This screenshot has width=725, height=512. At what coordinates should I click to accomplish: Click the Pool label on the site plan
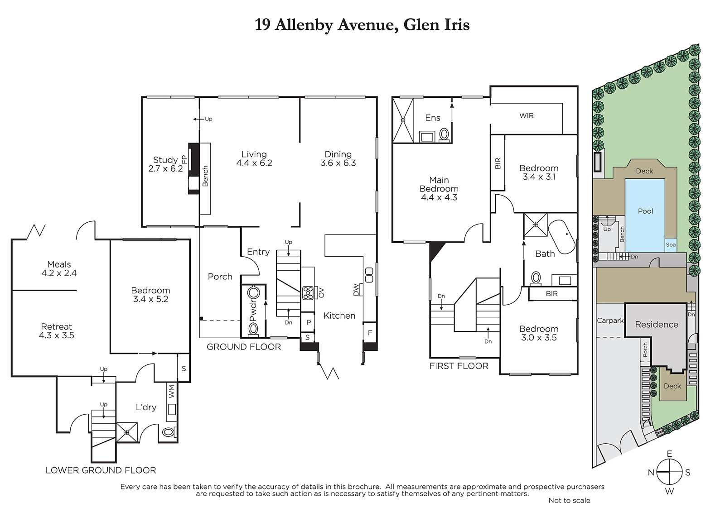[645, 211]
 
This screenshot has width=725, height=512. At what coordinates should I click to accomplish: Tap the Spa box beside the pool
[671, 245]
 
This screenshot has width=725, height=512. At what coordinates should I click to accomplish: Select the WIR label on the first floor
[526, 116]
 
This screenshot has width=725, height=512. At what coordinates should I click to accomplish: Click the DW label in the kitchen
[356, 290]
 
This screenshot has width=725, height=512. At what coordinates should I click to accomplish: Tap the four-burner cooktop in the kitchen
[308, 293]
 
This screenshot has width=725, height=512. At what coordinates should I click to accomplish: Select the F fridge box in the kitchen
[370, 332]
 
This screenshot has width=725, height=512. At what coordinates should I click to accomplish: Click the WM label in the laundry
[172, 392]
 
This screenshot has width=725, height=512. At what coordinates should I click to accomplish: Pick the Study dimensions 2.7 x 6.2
[165, 168]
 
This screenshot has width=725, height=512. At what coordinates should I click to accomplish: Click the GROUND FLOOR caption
[244, 347]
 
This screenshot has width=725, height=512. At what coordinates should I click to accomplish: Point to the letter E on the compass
[669, 454]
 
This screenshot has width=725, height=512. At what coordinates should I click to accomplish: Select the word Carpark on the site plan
[610, 321]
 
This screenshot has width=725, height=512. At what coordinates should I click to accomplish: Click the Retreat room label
[56, 327]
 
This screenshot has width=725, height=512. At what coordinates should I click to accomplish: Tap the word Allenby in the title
[303, 25]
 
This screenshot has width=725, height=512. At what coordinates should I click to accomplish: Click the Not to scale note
[569, 501]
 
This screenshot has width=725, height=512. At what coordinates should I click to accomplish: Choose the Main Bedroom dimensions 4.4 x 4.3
[439, 197]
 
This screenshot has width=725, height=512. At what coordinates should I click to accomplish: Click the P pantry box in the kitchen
[308, 322]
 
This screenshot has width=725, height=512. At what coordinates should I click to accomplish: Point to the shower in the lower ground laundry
[127, 432]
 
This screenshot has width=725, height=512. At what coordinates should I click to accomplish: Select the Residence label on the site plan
[657, 325]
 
